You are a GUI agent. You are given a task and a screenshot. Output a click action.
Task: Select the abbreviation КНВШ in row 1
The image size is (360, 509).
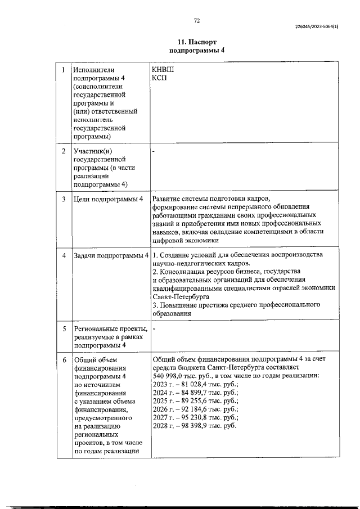tap(163, 69)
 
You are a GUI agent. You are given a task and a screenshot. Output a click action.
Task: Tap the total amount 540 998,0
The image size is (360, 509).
tap(170, 376)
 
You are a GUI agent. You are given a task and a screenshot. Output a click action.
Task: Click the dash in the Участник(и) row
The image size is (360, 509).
tap(154, 151)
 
